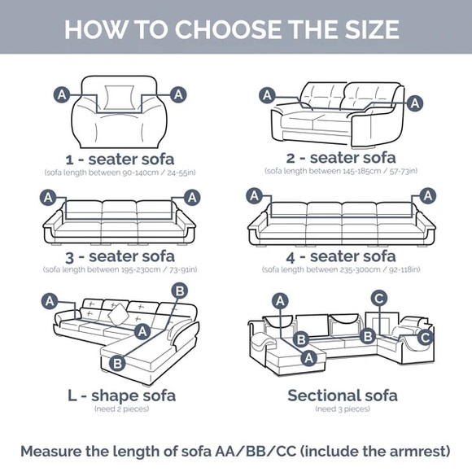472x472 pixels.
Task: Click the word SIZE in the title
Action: click(x=372, y=29)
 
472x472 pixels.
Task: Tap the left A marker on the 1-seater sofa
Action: click(x=62, y=95)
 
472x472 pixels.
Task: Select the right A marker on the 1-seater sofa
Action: click(x=178, y=95)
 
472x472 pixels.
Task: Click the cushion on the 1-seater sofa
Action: click(x=119, y=98)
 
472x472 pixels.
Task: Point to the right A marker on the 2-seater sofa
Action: click(x=415, y=103)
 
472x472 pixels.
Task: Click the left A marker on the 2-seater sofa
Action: click(x=267, y=95)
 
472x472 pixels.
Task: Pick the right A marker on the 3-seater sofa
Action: click(x=192, y=198)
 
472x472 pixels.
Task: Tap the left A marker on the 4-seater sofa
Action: click(x=255, y=196)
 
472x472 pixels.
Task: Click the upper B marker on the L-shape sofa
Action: click(x=180, y=291)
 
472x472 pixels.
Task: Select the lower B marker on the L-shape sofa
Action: click(x=117, y=363)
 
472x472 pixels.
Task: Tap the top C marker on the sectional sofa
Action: click(x=379, y=299)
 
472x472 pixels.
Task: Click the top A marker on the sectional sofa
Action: click(x=280, y=301)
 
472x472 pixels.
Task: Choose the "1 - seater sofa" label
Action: click(x=120, y=160)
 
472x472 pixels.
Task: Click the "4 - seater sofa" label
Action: click(x=341, y=257)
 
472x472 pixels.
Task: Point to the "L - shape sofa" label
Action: click(x=121, y=396)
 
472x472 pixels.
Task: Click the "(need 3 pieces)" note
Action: click(x=343, y=409)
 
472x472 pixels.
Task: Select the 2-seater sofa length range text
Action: click(x=341, y=171)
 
